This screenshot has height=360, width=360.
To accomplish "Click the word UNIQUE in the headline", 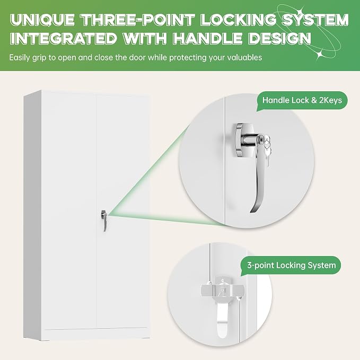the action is [42, 20].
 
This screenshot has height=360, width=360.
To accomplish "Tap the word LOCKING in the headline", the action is [238, 20].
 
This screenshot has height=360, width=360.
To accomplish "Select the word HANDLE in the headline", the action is [207, 38].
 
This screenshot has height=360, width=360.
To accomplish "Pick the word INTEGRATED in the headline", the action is [64, 38].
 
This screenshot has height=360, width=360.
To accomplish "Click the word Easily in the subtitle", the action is [20, 58].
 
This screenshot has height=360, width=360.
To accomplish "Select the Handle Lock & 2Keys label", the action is [302, 100].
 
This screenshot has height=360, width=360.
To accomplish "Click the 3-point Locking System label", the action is [292, 266].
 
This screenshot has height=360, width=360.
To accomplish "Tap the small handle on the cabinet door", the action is [104, 221].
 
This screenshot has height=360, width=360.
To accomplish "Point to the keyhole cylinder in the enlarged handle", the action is [261, 140].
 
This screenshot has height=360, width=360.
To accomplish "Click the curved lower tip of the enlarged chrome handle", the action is [254, 208].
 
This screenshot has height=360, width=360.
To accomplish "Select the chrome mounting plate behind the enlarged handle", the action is [241, 140].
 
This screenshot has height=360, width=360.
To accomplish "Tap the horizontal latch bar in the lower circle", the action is [222, 291].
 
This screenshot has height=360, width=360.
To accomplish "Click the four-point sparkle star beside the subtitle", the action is [320, 55].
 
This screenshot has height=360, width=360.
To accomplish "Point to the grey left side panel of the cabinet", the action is [32, 215].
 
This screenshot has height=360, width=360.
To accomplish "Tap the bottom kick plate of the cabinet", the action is [96, 334].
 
